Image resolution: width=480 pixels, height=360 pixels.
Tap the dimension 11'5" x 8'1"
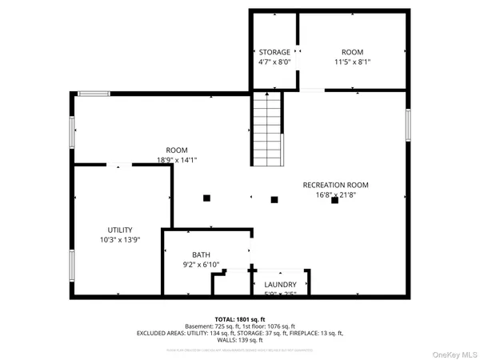pyautogui.click(x=352, y=62)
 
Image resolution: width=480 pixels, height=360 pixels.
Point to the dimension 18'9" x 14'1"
pyautogui.click(x=176, y=160)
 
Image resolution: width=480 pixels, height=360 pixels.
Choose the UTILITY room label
pyautogui.click(x=120, y=230)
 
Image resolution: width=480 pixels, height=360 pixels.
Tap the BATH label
pyautogui.click(x=201, y=255)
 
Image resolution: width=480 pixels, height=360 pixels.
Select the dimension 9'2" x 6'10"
pyautogui.click(x=201, y=265)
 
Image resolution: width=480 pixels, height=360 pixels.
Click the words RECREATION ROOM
pyautogui.click(x=335, y=185)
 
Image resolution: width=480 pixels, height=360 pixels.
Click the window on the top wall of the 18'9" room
pyautogui.click(x=94, y=94)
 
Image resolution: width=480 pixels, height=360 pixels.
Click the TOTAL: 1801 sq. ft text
pyautogui.click(x=240, y=318)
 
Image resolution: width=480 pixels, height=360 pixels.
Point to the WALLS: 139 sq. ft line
pyautogui.click(x=240, y=341)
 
